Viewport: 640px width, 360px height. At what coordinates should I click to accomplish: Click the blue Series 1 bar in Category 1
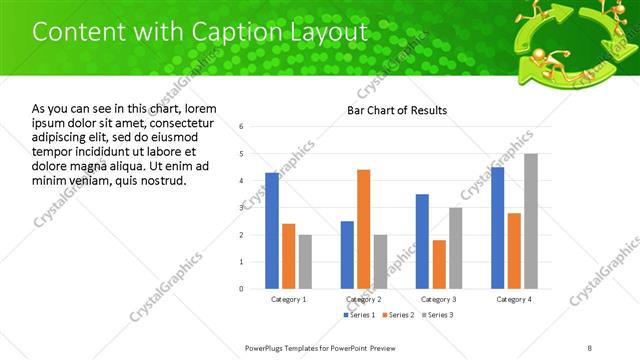pyautogui.click(x=272, y=230)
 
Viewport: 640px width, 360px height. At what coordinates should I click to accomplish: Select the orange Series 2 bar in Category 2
pyautogui.click(x=364, y=229)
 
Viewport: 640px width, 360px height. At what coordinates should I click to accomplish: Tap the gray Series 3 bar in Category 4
pyautogui.click(x=531, y=221)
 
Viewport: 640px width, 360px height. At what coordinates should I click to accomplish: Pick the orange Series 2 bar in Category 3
pyautogui.click(x=440, y=264)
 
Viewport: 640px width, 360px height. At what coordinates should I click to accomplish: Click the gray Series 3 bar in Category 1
pyautogui.click(x=305, y=261)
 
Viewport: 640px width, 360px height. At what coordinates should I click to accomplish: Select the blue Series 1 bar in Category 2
pyautogui.click(x=347, y=254)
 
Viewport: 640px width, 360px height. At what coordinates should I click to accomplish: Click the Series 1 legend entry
pyautogui.click(x=360, y=315)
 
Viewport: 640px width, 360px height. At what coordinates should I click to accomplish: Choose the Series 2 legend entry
pyautogui.click(x=398, y=315)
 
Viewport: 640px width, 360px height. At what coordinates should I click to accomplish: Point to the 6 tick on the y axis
pyautogui.click(x=242, y=127)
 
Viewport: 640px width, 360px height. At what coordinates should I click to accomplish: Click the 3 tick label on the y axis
pyautogui.click(x=242, y=208)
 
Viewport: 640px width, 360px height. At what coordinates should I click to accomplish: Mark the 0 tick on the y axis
pyautogui.click(x=242, y=289)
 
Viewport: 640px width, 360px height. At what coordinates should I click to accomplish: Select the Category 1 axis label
pyautogui.click(x=289, y=299)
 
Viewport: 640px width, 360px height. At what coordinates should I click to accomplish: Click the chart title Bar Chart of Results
pyautogui.click(x=397, y=110)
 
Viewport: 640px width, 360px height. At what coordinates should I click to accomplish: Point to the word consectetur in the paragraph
pyautogui.click(x=181, y=122)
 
